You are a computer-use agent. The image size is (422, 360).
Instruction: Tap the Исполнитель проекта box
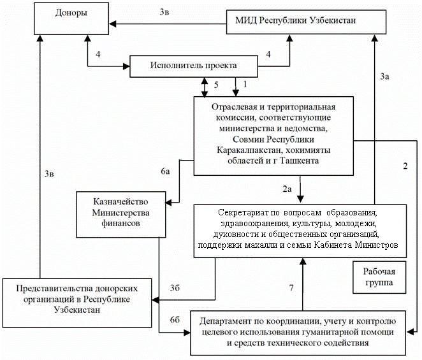193,65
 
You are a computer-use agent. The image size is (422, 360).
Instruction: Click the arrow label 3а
384,76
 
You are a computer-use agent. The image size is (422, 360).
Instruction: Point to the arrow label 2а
287,189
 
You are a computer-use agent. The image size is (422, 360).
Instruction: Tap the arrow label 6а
165,172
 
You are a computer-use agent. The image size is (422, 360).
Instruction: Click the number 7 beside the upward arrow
291,288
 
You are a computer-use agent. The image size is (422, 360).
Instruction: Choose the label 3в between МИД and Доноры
164,11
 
